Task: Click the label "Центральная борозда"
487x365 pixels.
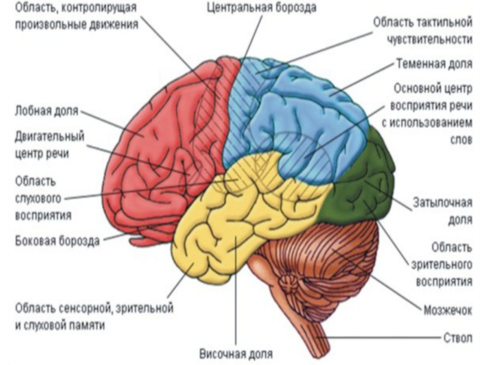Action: point(262,9)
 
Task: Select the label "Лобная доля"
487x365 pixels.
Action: point(46,111)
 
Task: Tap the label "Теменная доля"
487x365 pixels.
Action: point(432,63)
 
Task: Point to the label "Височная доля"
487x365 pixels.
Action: point(236,353)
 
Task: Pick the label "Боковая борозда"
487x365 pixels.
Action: point(57,240)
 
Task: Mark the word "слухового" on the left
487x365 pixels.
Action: point(38,198)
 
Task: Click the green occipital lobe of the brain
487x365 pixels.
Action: point(359,182)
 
